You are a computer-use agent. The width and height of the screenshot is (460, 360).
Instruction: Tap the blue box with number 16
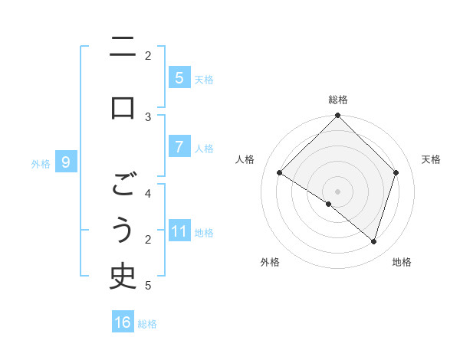123,322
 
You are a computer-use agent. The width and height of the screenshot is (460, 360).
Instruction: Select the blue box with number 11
179,231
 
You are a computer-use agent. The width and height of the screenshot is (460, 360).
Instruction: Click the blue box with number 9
66,162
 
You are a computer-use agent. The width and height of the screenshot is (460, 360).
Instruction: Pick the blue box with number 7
179,147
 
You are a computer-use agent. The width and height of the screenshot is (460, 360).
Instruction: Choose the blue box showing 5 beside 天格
179,77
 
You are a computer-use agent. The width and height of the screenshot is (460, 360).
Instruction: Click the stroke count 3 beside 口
148,116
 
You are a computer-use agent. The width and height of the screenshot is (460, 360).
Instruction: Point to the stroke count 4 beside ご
148,194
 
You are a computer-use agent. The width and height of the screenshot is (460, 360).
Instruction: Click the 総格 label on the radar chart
338,100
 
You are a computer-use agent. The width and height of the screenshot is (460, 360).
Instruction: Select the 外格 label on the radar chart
270,262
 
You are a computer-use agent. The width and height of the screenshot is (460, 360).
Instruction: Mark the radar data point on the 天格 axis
396,173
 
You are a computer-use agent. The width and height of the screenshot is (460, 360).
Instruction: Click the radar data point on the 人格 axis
280,173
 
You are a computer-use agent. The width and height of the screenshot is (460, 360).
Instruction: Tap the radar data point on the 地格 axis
374,241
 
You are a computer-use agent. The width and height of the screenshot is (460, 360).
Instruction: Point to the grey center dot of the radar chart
338,191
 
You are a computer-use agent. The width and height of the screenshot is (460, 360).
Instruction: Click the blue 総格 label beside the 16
148,323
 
